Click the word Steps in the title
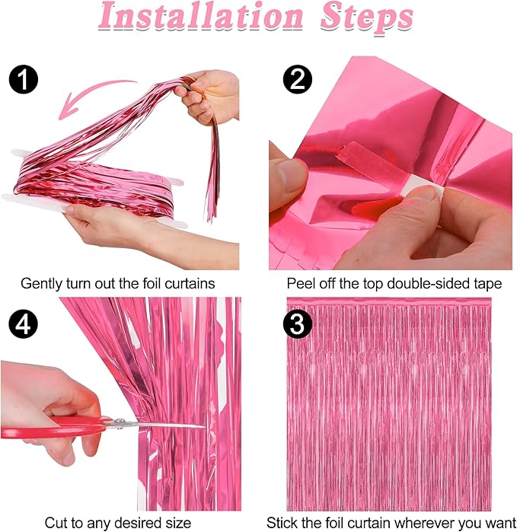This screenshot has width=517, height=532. (366, 18)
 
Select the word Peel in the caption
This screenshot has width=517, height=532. (301, 283)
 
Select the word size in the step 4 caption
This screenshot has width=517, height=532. (174, 523)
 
